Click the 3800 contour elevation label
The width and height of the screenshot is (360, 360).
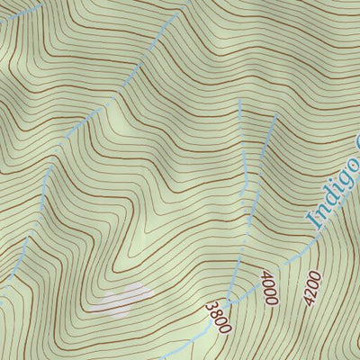coord(218,316)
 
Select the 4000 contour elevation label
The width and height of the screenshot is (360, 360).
coord(268,288)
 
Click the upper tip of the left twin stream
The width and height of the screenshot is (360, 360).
coord(240,101)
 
